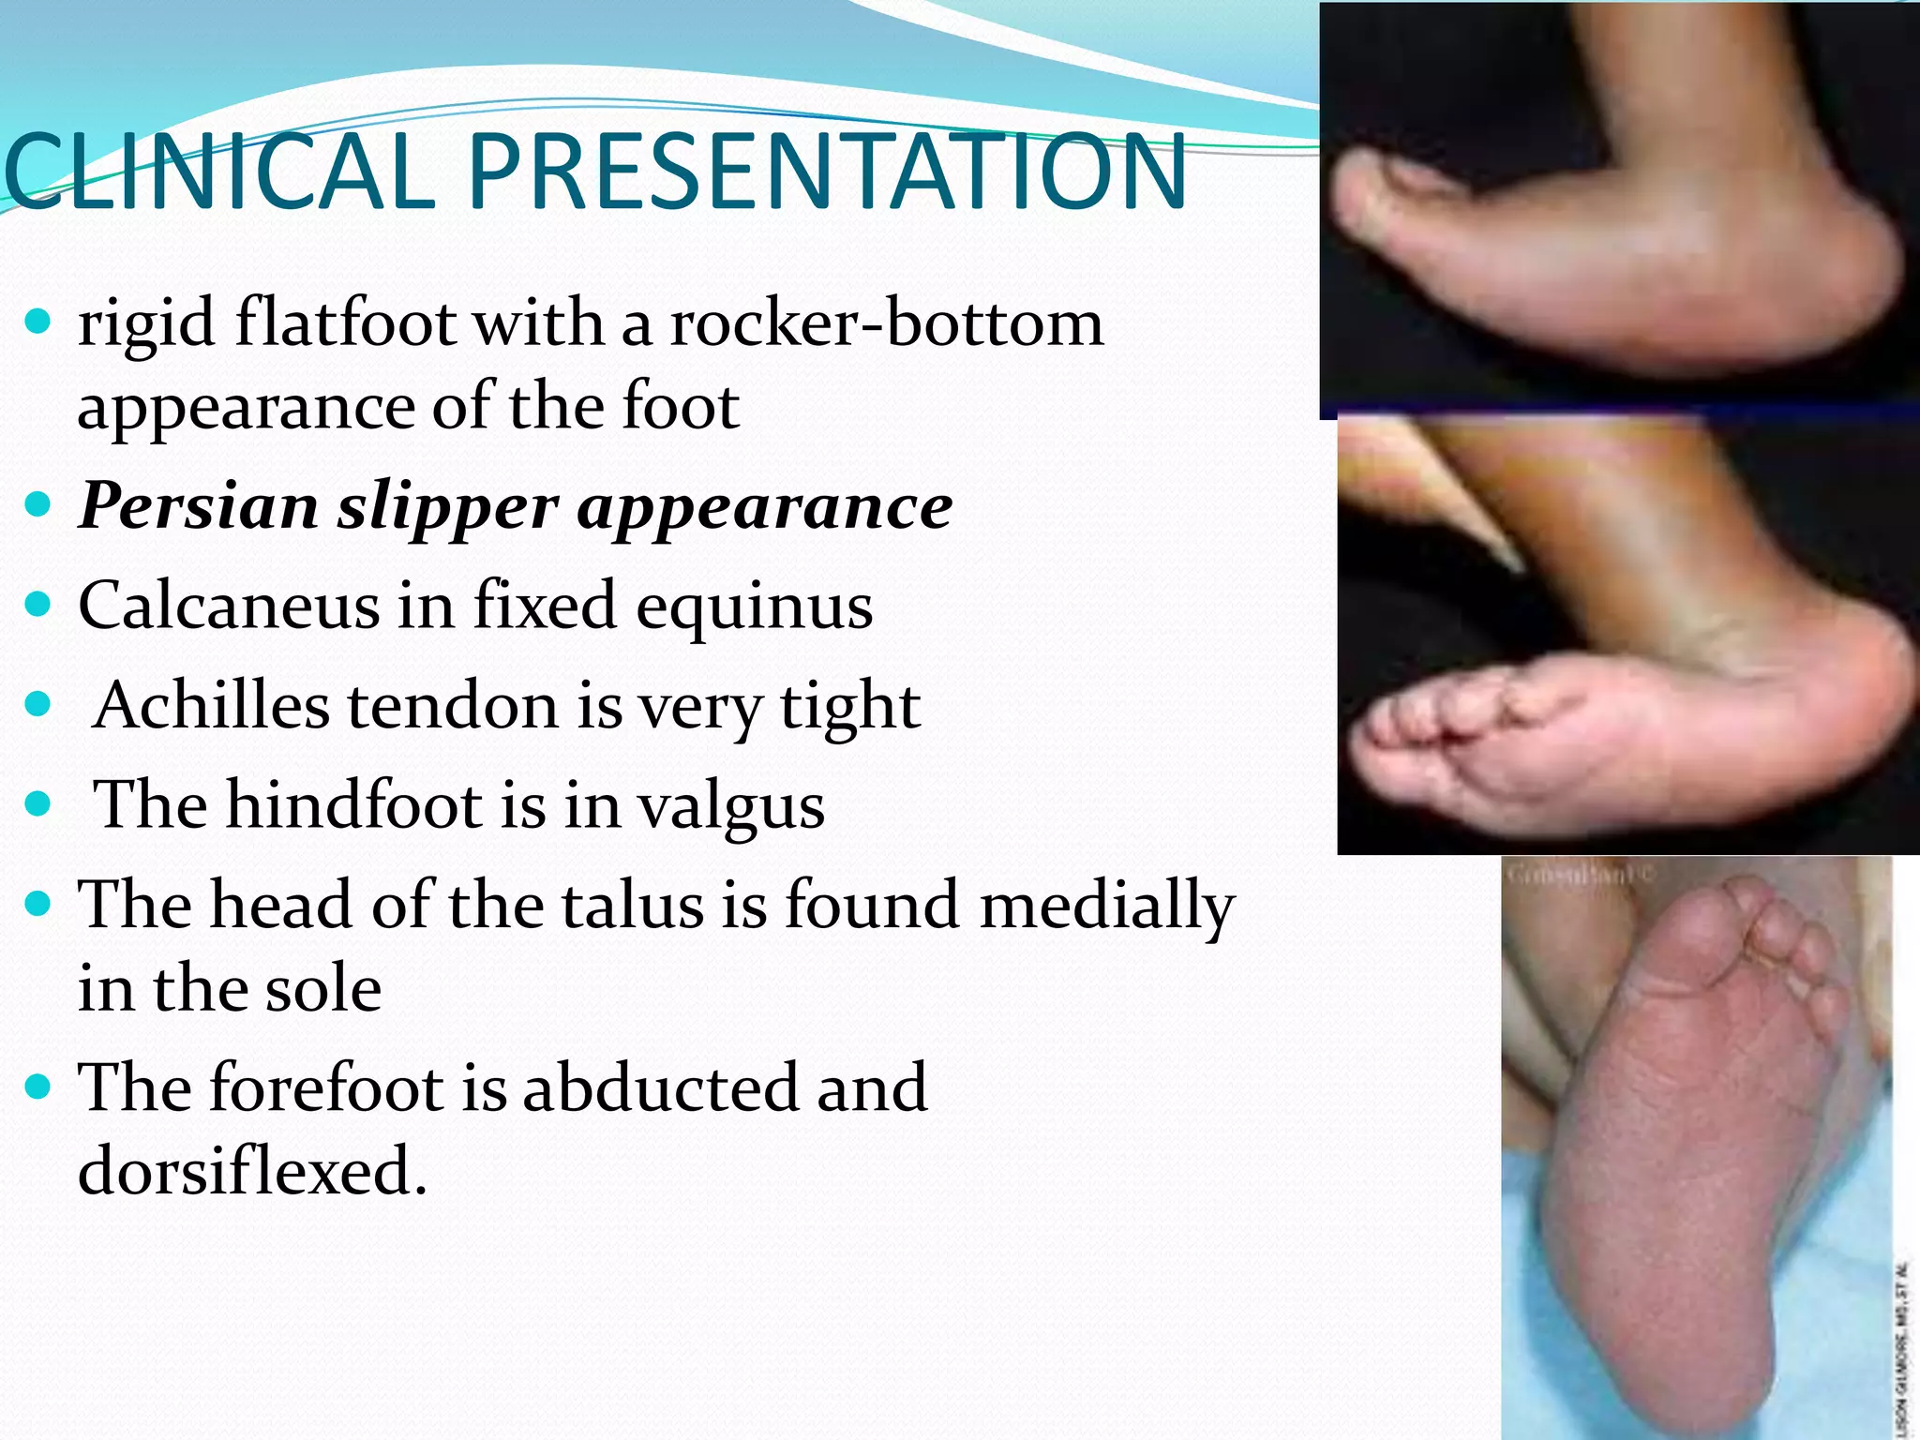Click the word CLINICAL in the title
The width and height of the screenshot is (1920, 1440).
[220, 172]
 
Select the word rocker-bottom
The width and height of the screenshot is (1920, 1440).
[887, 323]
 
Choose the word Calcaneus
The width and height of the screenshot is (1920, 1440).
[228, 606]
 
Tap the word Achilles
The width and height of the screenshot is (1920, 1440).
[212, 705]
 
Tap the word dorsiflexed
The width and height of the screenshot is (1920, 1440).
[252, 1171]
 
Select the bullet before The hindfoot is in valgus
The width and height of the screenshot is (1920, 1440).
[38, 803]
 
